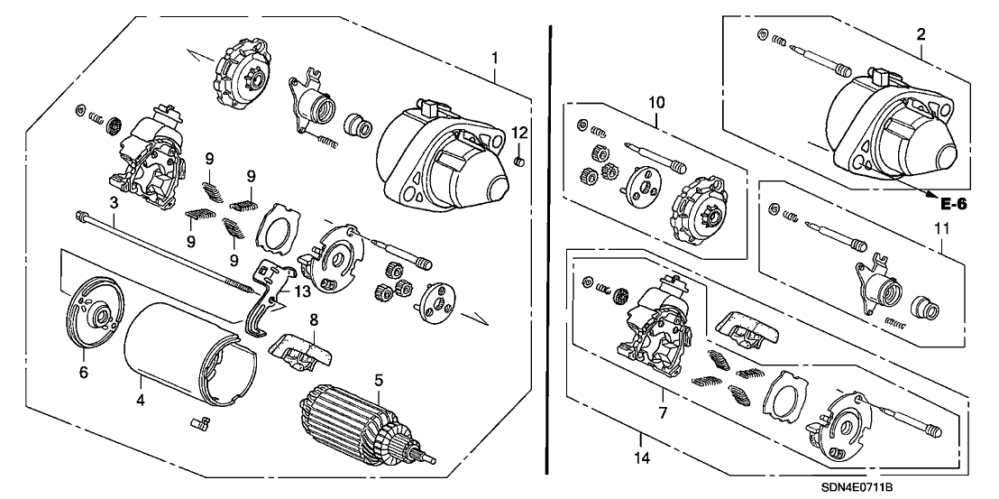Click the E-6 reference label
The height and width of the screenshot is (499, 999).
point(954,205)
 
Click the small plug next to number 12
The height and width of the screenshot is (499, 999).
point(518,162)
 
